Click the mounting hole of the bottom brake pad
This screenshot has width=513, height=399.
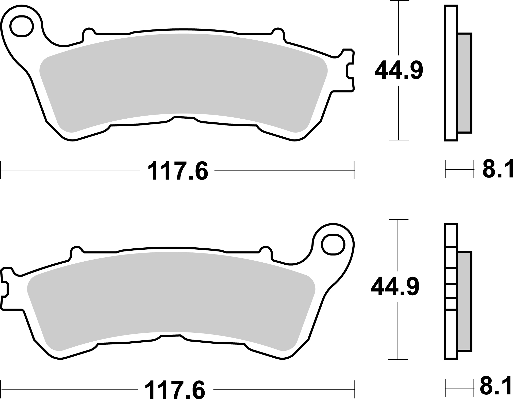point(333,245)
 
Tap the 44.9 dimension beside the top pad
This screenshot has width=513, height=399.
point(399,70)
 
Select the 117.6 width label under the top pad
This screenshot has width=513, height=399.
point(178,171)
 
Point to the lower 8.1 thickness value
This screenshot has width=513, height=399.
point(495,388)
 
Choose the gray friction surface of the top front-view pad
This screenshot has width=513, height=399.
point(183,76)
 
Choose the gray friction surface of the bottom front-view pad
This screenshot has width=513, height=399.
point(170,295)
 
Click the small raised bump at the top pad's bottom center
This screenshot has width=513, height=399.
point(184,119)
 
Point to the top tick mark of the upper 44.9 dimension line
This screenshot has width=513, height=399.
point(399,1)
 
